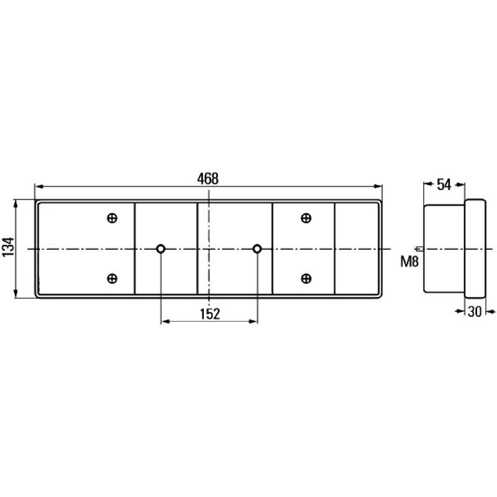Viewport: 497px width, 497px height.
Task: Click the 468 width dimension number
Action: [207, 179]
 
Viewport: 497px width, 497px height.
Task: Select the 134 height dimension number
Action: [8, 247]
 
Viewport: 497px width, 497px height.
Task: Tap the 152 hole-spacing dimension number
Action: [209, 314]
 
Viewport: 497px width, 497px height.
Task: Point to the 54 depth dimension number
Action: [444, 185]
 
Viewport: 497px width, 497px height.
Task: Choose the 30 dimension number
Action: [475, 312]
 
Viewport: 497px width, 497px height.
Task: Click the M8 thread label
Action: [409, 262]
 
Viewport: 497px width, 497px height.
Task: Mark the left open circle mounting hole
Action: [161, 249]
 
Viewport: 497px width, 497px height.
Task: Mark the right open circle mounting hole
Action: [257, 249]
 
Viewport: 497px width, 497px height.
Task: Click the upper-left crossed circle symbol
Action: [112, 218]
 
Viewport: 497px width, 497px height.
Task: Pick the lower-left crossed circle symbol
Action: [112, 278]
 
